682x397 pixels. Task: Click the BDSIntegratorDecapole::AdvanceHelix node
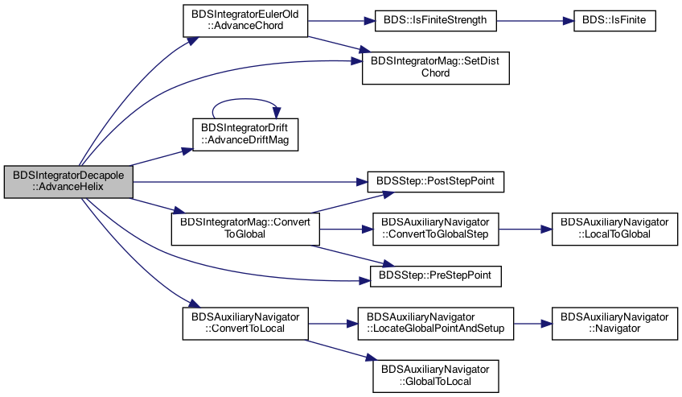coord(68,181)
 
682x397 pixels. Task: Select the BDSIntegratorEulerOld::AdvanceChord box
coord(245,20)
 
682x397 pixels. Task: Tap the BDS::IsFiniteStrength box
coord(435,20)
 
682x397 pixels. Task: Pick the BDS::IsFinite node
coord(614,20)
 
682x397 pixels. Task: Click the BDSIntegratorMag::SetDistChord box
coord(435,68)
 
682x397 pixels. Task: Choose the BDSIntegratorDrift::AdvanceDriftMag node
coord(245,134)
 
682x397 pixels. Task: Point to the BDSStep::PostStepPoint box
coord(435,181)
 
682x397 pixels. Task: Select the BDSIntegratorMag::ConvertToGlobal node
coord(245,229)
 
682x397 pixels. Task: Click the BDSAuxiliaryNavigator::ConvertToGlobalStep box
coord(435,229)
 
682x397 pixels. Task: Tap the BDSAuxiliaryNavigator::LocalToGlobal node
coord(614,229)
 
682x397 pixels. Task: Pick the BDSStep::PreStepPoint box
coord(435,276)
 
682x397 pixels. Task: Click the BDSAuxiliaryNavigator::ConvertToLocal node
coord(245,324)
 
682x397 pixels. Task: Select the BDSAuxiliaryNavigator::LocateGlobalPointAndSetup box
coord(435,324)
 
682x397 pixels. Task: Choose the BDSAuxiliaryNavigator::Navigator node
coord(614,324)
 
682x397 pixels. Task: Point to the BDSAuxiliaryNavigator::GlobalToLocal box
coord(435,376)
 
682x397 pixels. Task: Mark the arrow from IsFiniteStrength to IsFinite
coord(535,20)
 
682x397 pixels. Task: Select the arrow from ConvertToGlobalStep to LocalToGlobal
coord(525,229)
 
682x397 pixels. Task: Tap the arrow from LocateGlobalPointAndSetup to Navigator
coord(532,324)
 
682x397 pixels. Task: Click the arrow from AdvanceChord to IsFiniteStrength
coord(341,20)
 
